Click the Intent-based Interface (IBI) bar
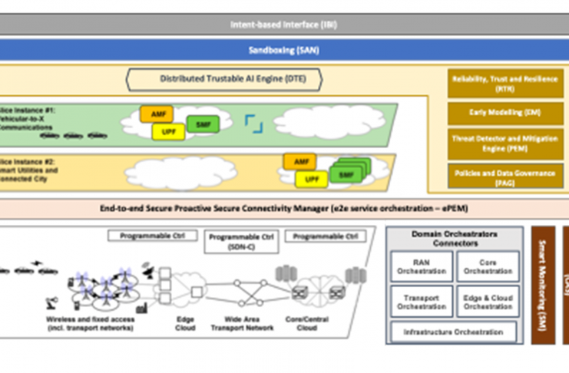(x=284, y=24)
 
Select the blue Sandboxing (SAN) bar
(x=284, y=51)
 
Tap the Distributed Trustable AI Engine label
(x=224, y=78)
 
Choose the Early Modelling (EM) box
(x=504, y=113)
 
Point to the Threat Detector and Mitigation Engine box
(x=504, y=143)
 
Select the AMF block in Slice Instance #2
(x=299, y=161)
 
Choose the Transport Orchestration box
(x=422, y=302)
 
